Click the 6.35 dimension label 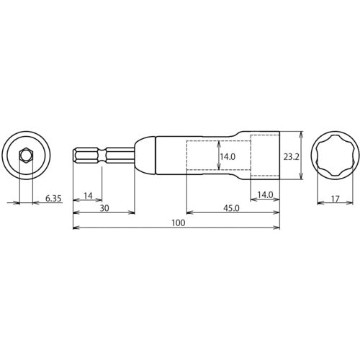(x=53, y=199)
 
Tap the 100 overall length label (x=179, y=223)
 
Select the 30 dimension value (x=104, y=208)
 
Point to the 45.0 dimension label (x=231, y=208)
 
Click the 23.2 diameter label (x=291, y=157)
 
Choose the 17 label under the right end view (x=336, y=199)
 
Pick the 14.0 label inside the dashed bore (x=228, y=157)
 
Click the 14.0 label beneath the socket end (x=265, y=195)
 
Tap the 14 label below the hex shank (x=88, y=196)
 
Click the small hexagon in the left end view (x=26, y=156)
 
